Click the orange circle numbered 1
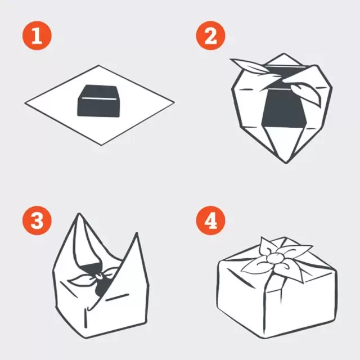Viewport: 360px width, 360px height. [37, 37]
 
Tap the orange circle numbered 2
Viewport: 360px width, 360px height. [210, 37]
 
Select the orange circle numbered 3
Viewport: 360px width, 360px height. [37, 220]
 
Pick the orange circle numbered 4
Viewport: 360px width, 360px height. [210, 220]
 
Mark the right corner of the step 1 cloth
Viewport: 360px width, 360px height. [173, 104]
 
